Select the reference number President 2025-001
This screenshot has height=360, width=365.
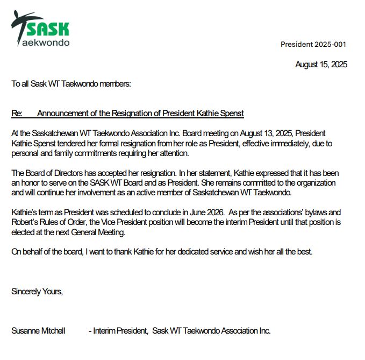point(313,44)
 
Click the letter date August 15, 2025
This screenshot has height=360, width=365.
point(321,65)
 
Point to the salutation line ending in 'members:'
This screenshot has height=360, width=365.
point(71,84)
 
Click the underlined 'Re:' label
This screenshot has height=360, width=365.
point(17,114)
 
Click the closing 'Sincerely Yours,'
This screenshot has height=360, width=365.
point(37,292)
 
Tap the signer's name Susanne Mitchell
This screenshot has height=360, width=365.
point(39,330)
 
